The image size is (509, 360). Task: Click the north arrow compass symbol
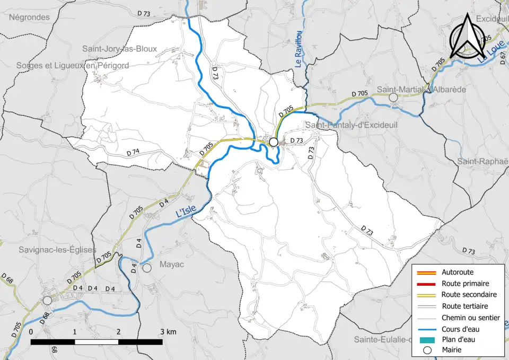(x=467, y=36)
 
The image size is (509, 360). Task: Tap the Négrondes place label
(x=29, y=17)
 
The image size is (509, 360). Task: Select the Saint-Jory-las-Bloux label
(x=119, y=49)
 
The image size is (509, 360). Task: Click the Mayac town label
(x=171, y=264)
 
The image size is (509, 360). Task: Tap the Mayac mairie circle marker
(x=147, y=268)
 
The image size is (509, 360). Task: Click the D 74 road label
(x=133, y=153)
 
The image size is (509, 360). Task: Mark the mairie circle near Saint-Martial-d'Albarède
(x=393, y=98)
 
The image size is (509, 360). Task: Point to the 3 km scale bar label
(x=168, y=332)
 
